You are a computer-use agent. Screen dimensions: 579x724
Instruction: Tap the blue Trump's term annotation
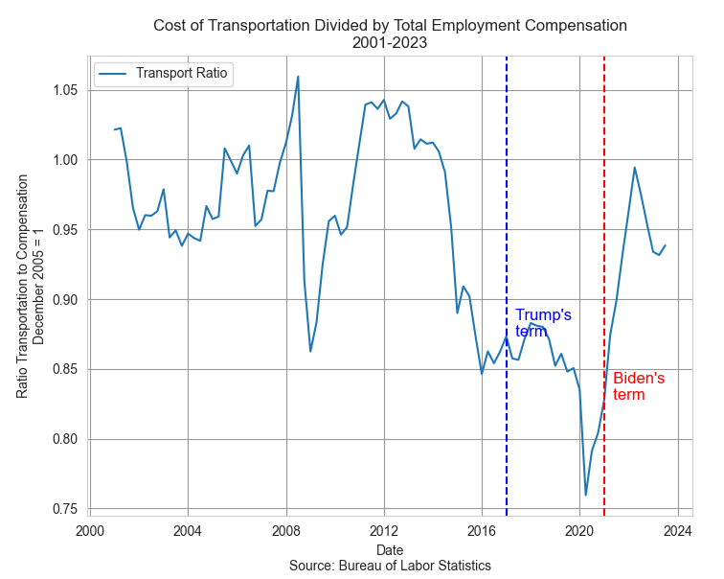tap(543, 323)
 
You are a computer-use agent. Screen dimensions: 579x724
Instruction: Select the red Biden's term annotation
tap(638, 385)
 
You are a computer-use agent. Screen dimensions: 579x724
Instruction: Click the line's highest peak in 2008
tap(298, 77)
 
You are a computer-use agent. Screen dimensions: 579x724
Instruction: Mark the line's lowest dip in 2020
tap(586, 495)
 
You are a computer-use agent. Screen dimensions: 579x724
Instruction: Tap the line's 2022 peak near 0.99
tap(634, 168)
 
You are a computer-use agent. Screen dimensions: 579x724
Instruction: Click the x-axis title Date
tap(390, 550)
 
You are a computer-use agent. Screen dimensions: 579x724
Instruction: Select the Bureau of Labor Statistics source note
tap(390, 566)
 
